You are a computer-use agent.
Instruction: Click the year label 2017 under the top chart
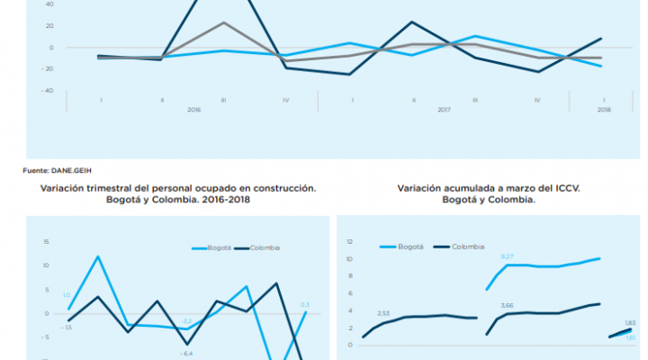444,109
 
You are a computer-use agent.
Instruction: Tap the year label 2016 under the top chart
193,109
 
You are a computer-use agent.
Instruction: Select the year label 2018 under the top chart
603,109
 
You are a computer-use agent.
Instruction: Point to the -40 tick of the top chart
49,91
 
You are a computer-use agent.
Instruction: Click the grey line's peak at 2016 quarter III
223,22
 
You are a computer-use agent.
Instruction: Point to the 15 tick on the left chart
45,242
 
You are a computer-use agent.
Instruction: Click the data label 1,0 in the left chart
67,295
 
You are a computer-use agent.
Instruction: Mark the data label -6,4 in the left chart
186,354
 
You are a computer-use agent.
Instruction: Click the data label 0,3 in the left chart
305,304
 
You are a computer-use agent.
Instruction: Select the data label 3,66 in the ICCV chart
507,305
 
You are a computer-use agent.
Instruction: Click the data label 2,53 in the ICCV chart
383,313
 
